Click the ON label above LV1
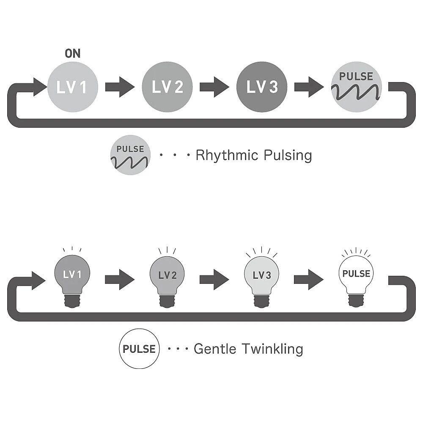point(72,53)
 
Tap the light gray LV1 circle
point(72,87)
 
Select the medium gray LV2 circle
point(167,87)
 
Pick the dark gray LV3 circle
point(262,87)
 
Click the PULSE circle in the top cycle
point(357,87)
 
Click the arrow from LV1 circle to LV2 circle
point(119,87)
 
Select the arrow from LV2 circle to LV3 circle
point(214,87)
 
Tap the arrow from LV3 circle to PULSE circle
point(309,87)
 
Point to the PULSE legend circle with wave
point(130,155)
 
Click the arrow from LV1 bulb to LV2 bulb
point(119,280)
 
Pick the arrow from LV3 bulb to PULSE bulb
point(309,280)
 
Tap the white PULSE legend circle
point(139,349)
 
